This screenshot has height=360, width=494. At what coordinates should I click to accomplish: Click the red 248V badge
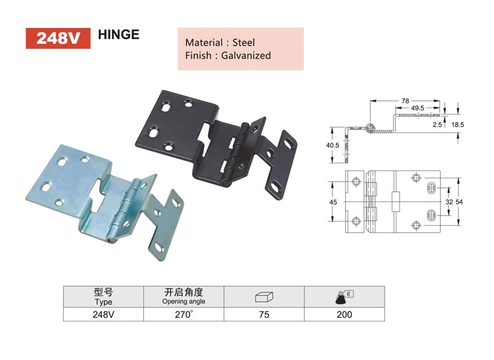click(58, 37)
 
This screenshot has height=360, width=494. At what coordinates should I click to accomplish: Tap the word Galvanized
click(246, 55)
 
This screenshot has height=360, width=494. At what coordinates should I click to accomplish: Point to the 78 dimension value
click(405, 101)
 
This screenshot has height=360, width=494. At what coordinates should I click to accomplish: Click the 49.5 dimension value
click(417, 109)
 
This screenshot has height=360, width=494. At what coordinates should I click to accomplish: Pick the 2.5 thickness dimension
click(438, 125)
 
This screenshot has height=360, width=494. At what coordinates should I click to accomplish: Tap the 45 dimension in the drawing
click(333, 203)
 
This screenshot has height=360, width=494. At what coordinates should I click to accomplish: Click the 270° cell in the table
click(184, 314)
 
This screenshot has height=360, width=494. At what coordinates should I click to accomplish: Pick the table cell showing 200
click(344, 314)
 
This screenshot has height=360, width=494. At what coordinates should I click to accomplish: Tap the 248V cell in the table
click(103, 314)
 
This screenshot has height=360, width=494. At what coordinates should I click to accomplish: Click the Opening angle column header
click(184, 296)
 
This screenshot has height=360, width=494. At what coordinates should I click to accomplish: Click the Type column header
click(103, 296)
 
